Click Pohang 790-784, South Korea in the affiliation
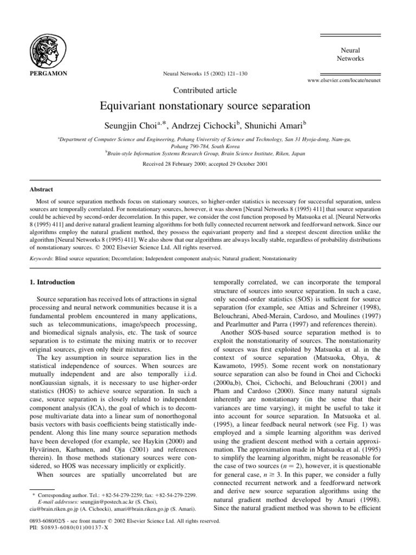pyautogui.click(x=207, y=146)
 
